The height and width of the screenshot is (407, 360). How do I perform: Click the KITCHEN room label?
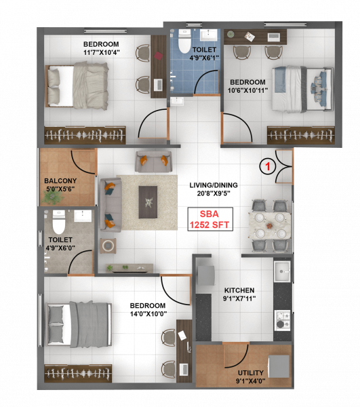click(x=239, y=290)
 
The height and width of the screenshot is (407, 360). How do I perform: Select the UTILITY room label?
click(x=250, y=372)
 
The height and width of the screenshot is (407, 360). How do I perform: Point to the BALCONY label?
click(x=60, y=181)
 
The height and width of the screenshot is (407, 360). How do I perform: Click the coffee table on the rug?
click(x=148, y=201)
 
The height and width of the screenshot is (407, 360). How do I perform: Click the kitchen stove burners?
click(x=282, y=317)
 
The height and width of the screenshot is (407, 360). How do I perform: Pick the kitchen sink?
click(x=283, y=271)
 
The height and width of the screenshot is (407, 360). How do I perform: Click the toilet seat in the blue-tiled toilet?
click(x=183, y=44)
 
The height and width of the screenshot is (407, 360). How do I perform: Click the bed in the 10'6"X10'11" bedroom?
click(x=302, y=88)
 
